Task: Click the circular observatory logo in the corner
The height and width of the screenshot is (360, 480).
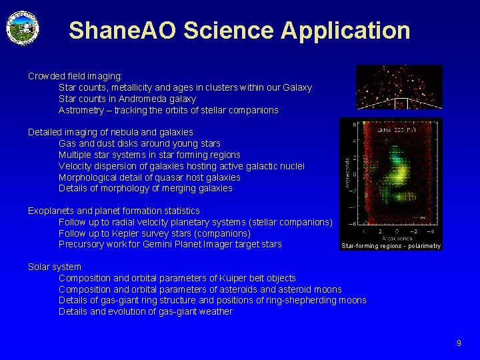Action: [23, 29]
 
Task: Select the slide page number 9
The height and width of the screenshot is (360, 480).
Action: [459, 343]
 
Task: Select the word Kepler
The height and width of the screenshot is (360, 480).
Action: [134, 233]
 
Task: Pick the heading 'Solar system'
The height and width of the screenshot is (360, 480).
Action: [55, 267]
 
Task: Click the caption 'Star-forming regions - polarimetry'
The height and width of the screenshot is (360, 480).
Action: [391, 246]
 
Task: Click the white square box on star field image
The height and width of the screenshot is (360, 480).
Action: [401, 103]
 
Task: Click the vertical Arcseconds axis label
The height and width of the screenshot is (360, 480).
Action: [346, 173]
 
